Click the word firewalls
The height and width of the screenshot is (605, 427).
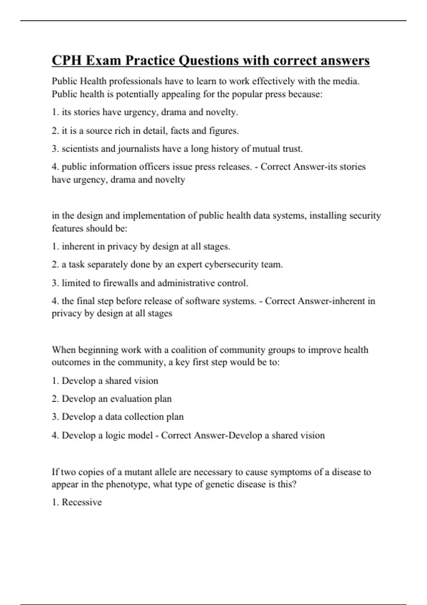[120, 283]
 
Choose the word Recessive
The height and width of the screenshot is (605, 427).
[81, 502]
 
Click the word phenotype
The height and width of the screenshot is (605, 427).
[128, 484]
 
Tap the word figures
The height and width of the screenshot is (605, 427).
[224, 131]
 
